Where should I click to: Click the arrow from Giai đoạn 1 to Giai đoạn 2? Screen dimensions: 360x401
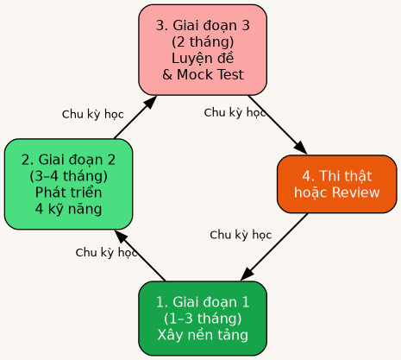[x=141, y=256]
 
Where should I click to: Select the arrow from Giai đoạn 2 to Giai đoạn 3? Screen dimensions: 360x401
[x=135, y=117]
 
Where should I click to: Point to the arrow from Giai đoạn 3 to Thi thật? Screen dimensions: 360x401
[x=277, y=123]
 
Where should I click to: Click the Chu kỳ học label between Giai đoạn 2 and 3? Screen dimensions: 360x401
[x=92, y=114]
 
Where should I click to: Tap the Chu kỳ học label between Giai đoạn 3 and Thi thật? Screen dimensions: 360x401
[x=235, y=112]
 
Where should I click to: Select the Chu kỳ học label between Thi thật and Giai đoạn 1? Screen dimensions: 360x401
[x=241, y=235]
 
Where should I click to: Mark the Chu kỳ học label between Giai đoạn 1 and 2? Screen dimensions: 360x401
[x=106, y=253]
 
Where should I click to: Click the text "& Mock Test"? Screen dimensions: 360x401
[x=203, y=74]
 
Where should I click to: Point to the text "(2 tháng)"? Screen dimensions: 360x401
[x=203, y=41]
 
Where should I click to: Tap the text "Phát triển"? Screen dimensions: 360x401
[x=68, y=192]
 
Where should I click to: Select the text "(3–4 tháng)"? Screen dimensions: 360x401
[x=68, y=175]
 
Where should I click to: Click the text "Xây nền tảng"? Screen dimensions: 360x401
[x=203, y=335]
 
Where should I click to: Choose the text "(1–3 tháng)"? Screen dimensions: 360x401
[x=203, y=319]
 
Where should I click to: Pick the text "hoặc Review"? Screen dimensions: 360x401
[x=336, y=193]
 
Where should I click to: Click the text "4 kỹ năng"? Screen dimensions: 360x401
[x=68, y=208]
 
